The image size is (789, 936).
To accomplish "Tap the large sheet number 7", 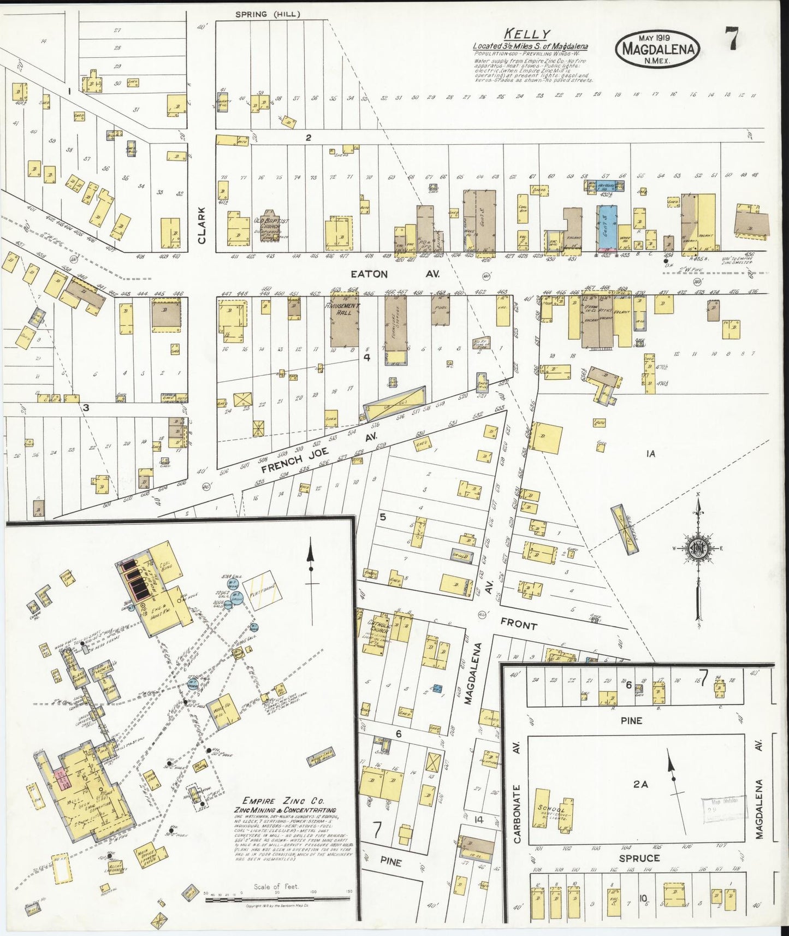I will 732,39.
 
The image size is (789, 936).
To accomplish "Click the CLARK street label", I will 202,225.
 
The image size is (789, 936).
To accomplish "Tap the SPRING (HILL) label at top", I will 268,14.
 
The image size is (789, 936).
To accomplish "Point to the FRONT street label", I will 518,625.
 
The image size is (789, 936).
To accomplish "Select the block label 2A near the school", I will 640,784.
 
